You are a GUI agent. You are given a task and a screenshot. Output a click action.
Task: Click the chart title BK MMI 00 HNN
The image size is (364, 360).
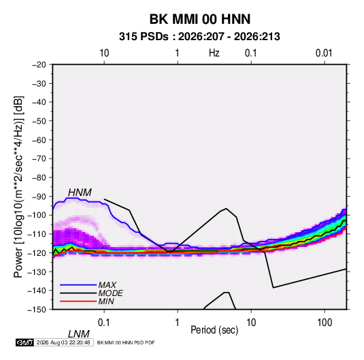click(x=200, y=19)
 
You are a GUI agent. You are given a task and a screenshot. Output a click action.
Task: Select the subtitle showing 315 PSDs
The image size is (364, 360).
click(x=199, y=37)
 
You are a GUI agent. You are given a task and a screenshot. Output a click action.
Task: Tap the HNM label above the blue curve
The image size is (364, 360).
click(x=80, y=193)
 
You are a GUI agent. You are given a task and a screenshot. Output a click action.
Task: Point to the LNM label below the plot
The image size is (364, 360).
click(x=79, y=334)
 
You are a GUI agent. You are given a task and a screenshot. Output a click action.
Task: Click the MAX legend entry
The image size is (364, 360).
click(x=107, y=284)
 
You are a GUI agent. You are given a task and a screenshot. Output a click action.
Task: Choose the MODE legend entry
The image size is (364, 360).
click(x=110, y=293)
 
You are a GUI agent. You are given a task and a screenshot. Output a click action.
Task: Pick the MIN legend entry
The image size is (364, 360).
click(x=106, y=301)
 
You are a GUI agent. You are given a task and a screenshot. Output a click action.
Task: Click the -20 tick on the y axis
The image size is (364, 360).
click(x=39, y=65)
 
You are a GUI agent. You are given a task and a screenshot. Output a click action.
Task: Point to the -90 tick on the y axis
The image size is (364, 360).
click(x=39, y=196)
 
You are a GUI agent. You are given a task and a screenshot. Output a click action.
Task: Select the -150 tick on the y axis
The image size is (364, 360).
click(x=37, y=310)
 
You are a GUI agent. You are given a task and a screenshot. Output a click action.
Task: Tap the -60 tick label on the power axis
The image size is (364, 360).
click(x=39, y=140)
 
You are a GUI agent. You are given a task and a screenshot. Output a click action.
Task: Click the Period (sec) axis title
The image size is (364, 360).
click(x=214, y=330)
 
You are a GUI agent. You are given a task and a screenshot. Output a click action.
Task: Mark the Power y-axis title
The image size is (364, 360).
click(x=18, y=187)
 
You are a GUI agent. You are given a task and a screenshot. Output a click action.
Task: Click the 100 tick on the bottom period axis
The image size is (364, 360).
click(x=325, y=323)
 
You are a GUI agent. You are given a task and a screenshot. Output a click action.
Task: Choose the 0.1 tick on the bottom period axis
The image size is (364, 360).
click(x=104, y=323)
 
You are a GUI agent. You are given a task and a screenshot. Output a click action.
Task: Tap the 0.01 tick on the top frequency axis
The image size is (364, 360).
click(x=324, y=53)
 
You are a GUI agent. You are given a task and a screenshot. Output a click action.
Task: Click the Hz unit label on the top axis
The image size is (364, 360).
click(x=214, y=53)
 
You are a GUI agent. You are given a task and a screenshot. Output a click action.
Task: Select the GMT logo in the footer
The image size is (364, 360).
click(x=24, y=342)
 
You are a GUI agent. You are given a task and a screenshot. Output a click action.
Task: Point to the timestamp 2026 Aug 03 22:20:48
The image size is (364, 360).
click(x=63, y=342)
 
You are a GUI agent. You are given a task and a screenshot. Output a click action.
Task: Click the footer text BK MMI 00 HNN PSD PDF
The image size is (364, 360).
click(x=126, y=342)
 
